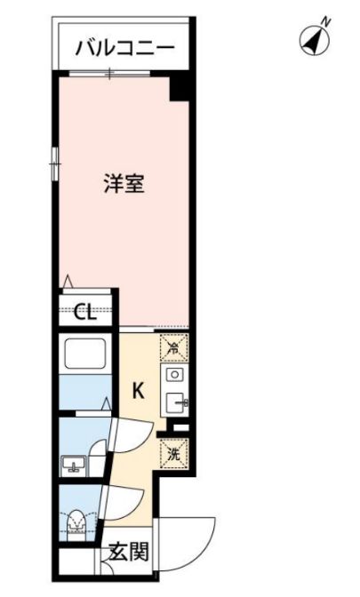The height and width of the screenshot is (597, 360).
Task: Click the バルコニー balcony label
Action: click(125, 48)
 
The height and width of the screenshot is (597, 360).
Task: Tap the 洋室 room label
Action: click(124, 183)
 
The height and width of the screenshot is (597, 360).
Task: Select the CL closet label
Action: click(85, 313)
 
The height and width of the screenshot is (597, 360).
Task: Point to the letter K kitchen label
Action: click(139, 391)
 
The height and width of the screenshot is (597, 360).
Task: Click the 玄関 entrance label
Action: click(128, 552)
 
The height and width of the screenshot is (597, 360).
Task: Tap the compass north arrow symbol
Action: click(315, 40)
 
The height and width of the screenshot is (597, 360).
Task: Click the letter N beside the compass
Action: click(325, 21)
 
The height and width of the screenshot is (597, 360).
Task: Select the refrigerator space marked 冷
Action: click(173, 347)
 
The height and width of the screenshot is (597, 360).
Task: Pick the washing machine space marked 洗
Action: click(174, 454)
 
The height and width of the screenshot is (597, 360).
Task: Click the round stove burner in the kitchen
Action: click(175, 375)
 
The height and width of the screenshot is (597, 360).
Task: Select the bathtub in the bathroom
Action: click(85, 353)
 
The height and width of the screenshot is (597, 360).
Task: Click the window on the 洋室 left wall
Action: click(55, 163)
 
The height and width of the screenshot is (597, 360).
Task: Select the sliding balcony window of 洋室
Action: click(109, 73)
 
